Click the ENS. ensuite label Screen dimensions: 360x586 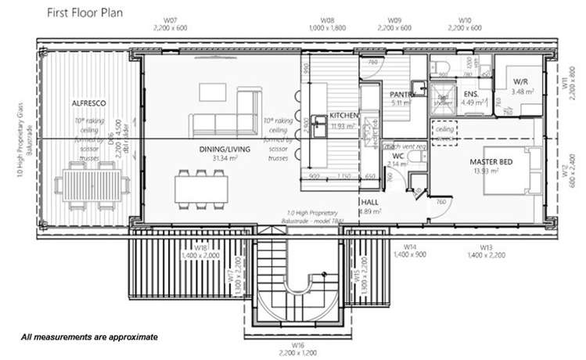tap(470, 95)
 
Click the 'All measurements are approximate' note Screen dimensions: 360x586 tap(89, 337)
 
